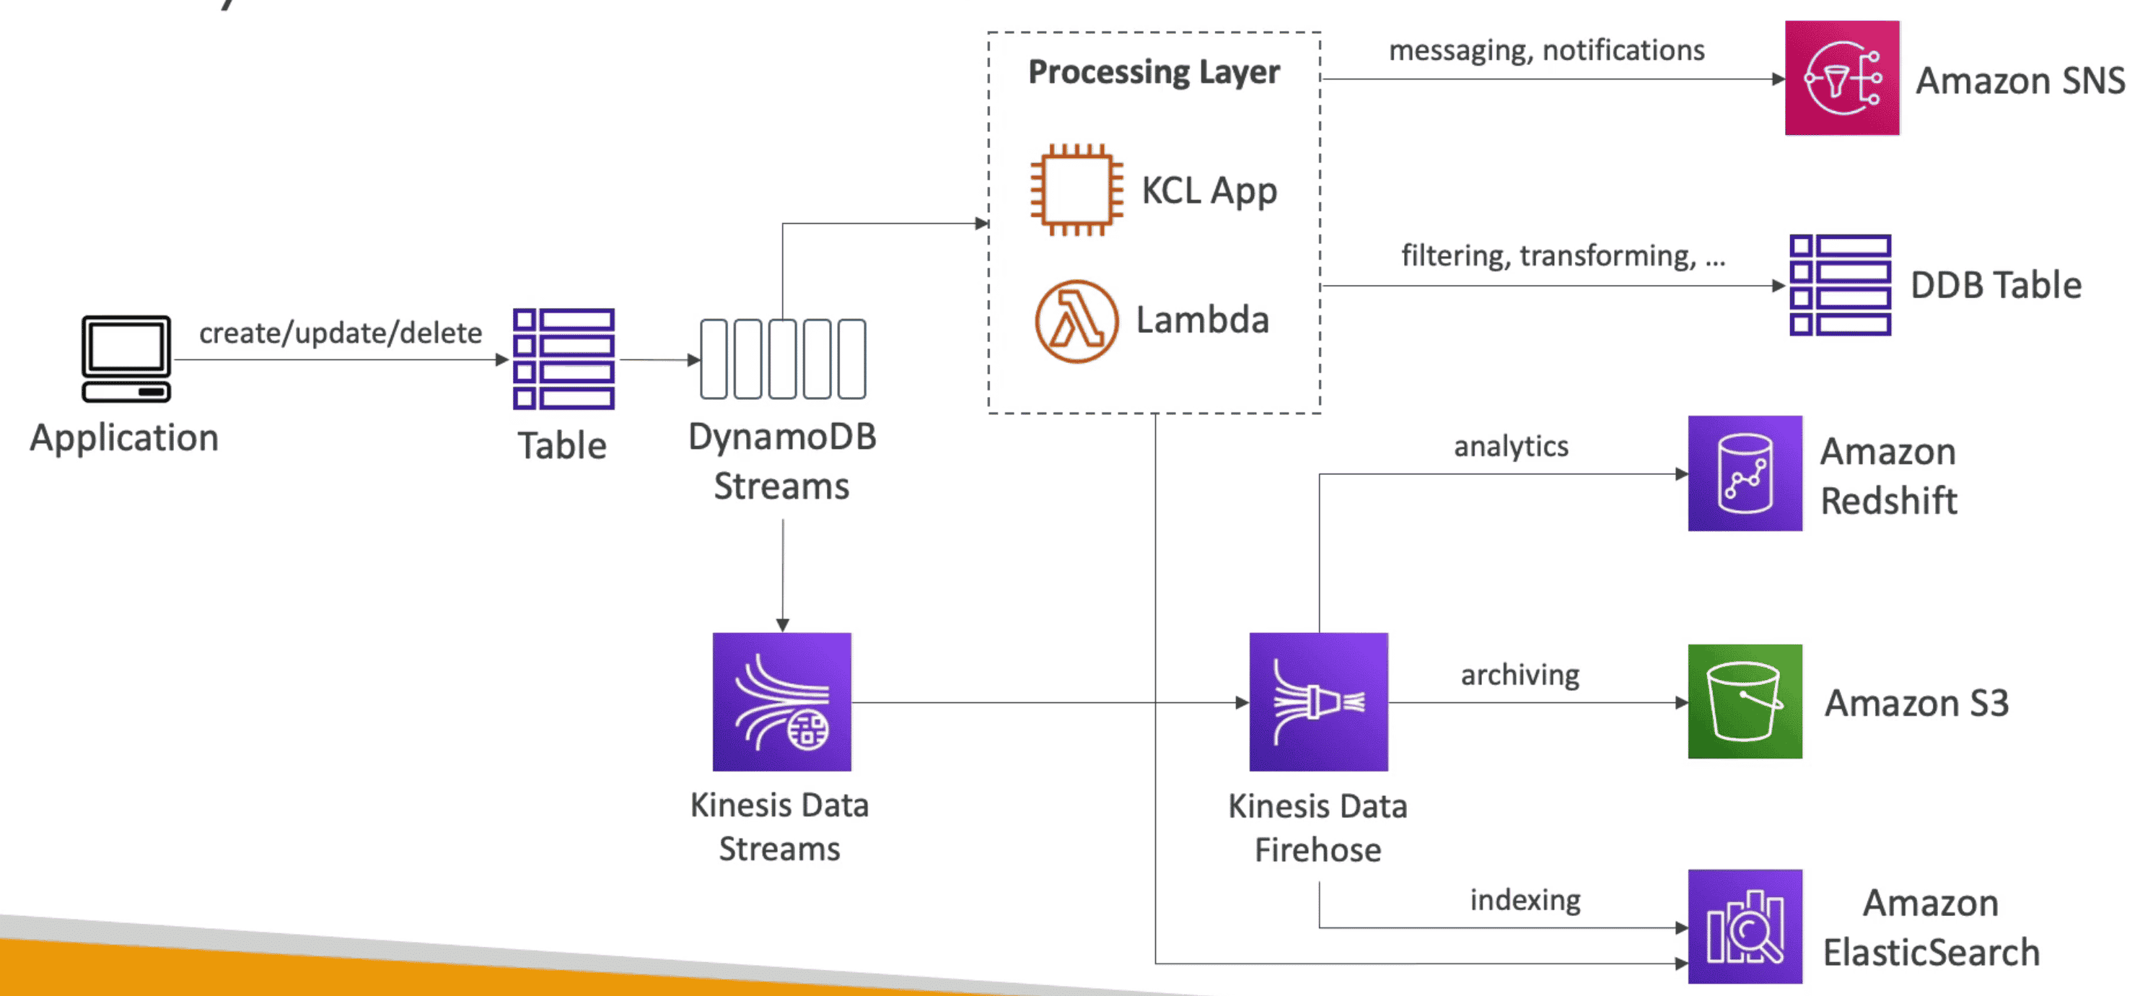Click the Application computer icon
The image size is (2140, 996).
[x=126, y=358]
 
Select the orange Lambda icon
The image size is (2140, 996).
[x=1076, y=320]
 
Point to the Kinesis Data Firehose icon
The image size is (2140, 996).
[x=1317, y=702]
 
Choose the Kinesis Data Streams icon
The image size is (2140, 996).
[x=781, y=702]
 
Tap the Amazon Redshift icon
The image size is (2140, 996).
[x=1745, y=473]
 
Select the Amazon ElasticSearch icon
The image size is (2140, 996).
[x=1745, y=926]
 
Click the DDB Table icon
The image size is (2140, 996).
[x=1839, y=285]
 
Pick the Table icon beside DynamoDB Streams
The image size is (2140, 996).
[x=563, y=359]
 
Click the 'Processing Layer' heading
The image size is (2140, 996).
[x=1153, y=72]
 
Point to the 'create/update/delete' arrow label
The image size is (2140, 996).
[x=340, y=333]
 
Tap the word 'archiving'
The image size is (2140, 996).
[x=1520, y=675]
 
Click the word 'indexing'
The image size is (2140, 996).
[x=1525, y=899]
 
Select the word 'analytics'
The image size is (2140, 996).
[x=1510, y=446]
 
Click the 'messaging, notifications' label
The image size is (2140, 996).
[x=1546, y=51]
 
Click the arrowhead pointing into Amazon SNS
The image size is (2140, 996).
[x=1778, y=79]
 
